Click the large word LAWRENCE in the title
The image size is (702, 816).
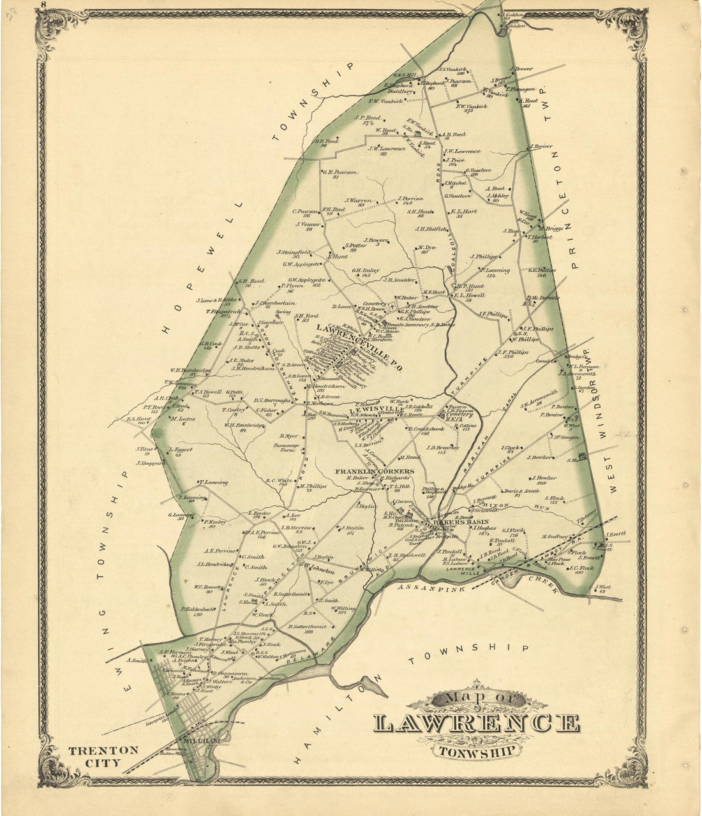[477, 723]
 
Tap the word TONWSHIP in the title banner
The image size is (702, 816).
[477, 750]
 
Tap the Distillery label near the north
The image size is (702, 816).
[398, 91]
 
